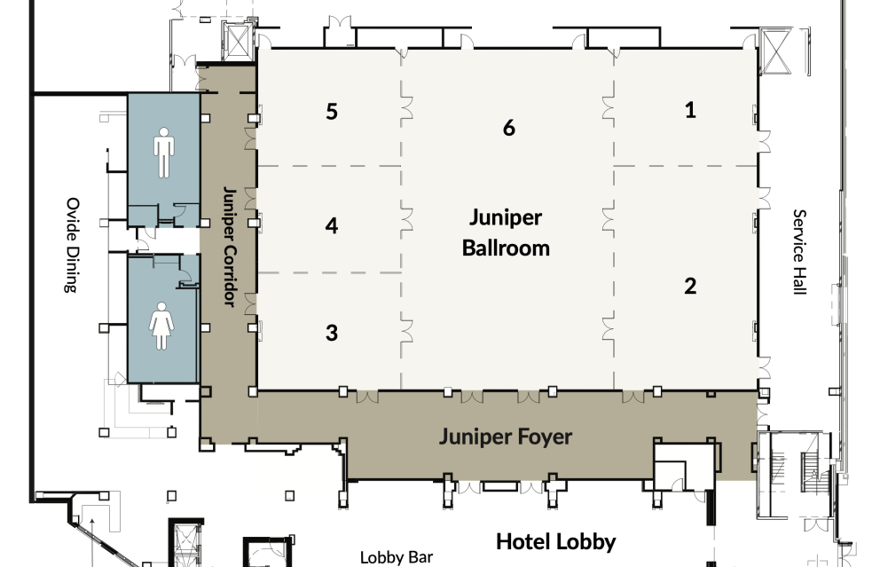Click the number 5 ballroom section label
click(332, 112)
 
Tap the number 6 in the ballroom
click(508, 128)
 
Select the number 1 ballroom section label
click(690, 110)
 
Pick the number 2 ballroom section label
click(690, 286)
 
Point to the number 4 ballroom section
click(332, 226)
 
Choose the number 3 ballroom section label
click(332, 333)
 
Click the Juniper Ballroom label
click(506, 232)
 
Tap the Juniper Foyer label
click(506, 437)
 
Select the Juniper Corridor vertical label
click(228, 247)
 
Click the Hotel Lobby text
click(555, 541)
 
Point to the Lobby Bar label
click(397, 557)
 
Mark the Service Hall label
click(798, 252)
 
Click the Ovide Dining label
click(71, 245)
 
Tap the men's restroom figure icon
click(164, 152)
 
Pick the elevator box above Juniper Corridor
click(240, 39)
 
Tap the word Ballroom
click(506, 248)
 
